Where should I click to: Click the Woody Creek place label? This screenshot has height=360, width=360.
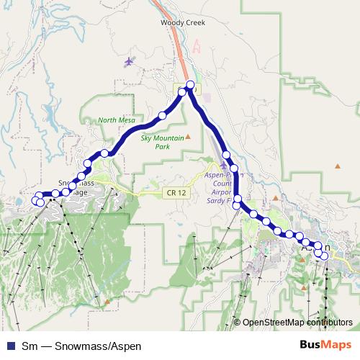point(183,22)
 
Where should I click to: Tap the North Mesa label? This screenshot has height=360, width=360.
point(116,120)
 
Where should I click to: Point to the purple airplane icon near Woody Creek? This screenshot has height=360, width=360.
point(129,61)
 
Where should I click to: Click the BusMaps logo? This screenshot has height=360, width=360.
point(325,346)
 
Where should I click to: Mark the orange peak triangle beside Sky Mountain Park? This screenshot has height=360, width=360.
point(188,136)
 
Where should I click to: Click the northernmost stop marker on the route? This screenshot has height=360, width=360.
point(190,85)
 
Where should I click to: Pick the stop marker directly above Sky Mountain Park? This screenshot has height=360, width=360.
point(163,115)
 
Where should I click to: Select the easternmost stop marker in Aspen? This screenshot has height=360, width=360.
point(325,256)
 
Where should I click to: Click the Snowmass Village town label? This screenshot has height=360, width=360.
point(75,187)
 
